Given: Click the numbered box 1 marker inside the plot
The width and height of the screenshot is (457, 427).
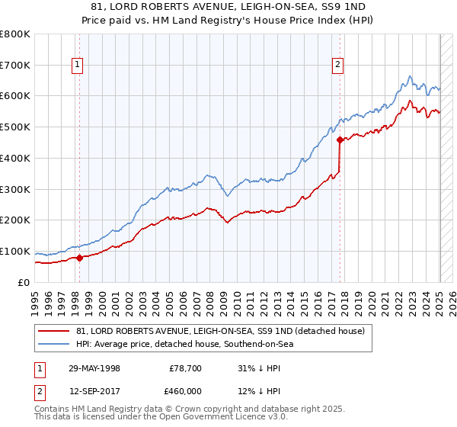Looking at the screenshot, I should point(78,66).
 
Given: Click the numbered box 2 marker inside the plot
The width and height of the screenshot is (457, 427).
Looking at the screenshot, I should point(337,66).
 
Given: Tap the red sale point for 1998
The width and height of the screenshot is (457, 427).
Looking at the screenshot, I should point(79,258).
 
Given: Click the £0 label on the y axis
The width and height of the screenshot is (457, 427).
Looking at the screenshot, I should point(24,282).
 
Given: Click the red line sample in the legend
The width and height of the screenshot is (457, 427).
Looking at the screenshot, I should point(54,331).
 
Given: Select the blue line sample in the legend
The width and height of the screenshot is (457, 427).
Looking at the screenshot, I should point(54,344).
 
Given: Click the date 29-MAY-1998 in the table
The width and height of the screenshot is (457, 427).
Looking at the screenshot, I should point(94,368).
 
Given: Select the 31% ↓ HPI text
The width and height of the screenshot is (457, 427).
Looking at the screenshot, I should point(259,368).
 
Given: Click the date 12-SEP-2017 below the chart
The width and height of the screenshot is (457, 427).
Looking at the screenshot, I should point(94,392).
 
